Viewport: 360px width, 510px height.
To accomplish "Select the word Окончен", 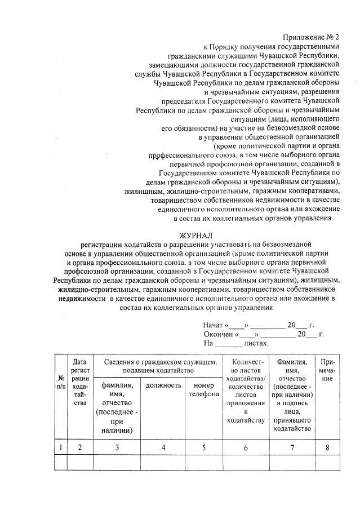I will [x=217, y=334].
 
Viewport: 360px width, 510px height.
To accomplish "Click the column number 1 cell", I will [x=60, y=447].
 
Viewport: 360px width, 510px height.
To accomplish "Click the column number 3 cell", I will [x=117, y=447].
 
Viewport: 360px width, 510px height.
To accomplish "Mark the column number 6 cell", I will [x=245, y=447].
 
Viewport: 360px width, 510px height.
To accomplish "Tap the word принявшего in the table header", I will [x=291, y=420].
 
